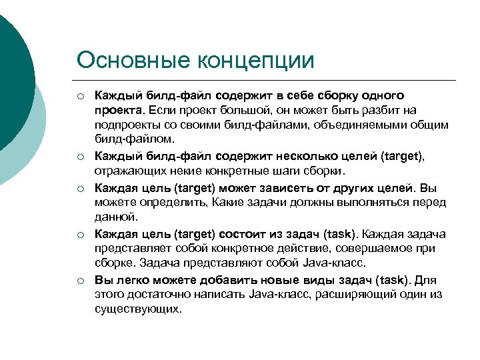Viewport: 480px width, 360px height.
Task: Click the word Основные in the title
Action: [x=133, y=60]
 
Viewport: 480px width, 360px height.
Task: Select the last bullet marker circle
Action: [x=80, y=280]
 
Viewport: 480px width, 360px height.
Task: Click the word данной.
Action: [x=116, y=217]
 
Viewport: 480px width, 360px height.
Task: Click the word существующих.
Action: [x=137, y=309]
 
